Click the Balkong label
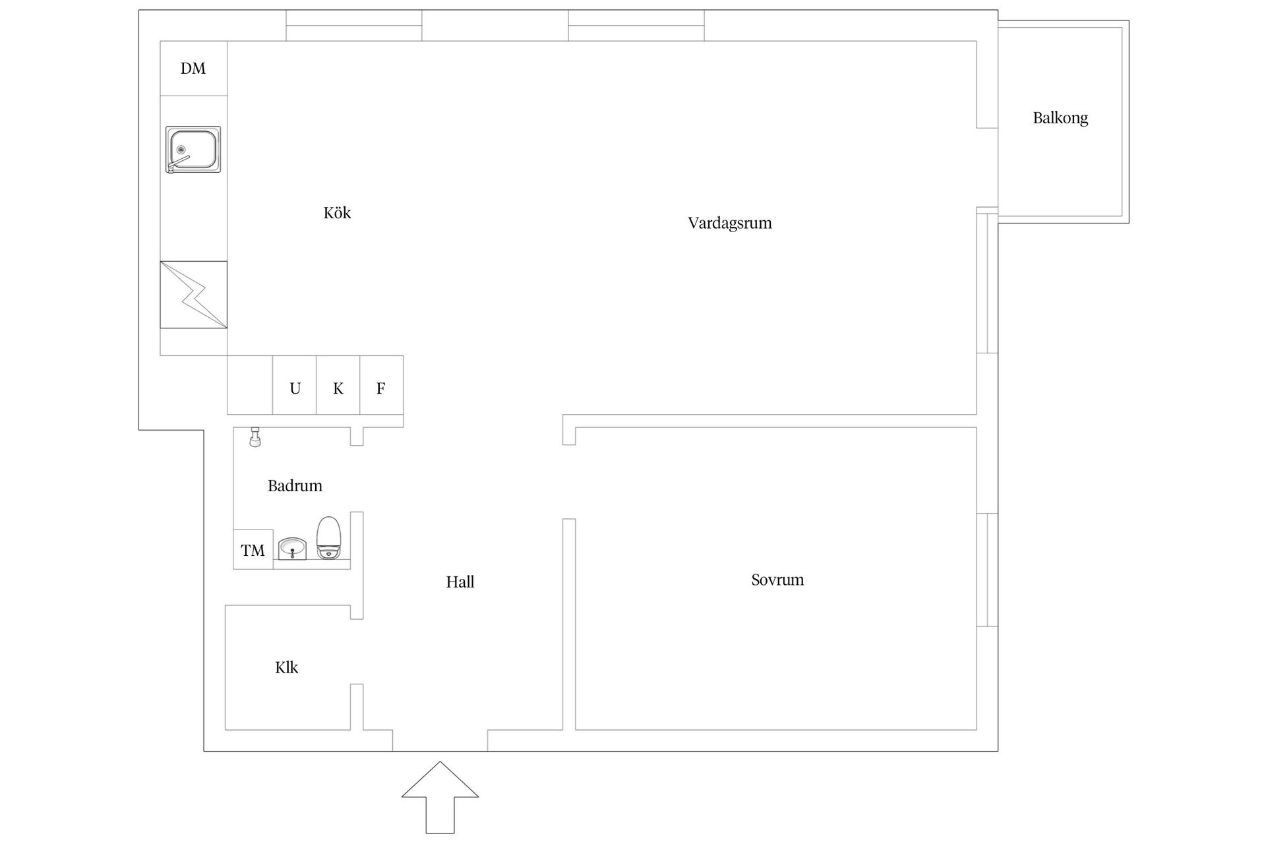1060,118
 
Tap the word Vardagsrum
730,223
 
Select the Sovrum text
777,580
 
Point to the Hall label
460,582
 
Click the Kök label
337,212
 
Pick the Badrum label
295,486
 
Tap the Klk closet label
287,667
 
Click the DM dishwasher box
194,69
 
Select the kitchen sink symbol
193,150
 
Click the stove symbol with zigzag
194,295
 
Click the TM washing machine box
253,549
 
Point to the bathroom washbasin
292,549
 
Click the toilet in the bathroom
328,538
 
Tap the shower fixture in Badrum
255,437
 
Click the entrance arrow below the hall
440,797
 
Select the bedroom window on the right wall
987,570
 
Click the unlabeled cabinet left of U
250,385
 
